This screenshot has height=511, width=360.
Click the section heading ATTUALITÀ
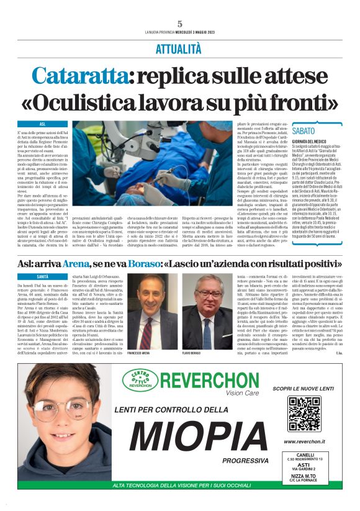179,47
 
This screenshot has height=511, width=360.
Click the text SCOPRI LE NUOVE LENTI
304,389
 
